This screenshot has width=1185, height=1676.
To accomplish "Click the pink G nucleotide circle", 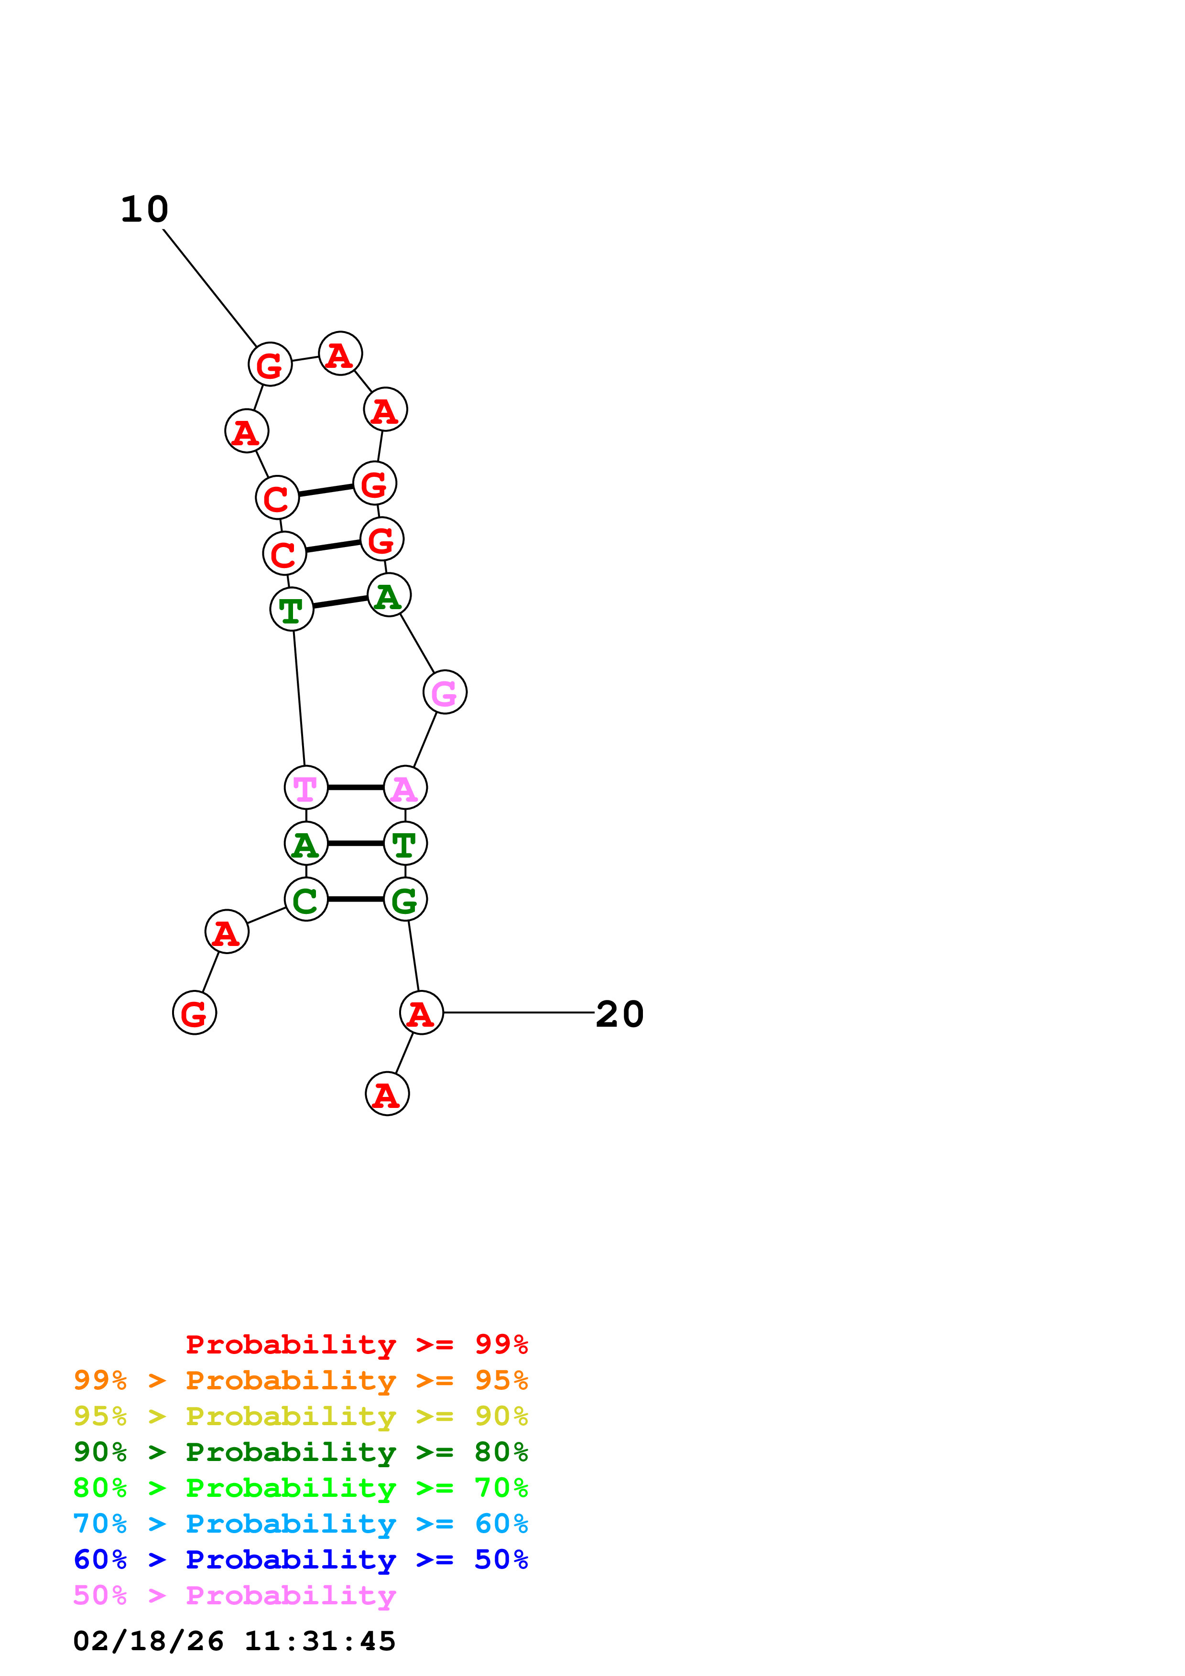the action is (x=445, y=692).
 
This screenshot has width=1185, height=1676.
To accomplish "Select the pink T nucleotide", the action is (x=306, y=788).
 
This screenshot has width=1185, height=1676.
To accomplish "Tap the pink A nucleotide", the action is (x=405, y=788).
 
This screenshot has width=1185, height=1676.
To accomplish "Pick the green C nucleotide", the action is (x=306, y=899).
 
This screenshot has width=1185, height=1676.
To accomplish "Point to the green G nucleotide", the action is (x=405, y=899).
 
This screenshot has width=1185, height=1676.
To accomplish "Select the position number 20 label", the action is (x=620, y=1014).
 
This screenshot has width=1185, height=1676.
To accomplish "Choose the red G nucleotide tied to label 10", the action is (x=270, y=364).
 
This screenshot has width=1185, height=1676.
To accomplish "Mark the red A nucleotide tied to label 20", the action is (x=421, y=1013).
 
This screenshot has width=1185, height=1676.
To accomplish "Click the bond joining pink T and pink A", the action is (x=356, y=788).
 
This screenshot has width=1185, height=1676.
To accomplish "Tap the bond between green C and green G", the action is (x=356, y=899).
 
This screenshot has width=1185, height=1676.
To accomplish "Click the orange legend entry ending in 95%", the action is (x=301, y=1380).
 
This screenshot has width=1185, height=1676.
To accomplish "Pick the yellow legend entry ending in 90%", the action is (x=301, y=1416).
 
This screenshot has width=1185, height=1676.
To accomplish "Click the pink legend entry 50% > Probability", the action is (x=235, y=1595).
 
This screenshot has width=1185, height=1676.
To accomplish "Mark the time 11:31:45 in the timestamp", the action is (x=320, y=1641).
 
